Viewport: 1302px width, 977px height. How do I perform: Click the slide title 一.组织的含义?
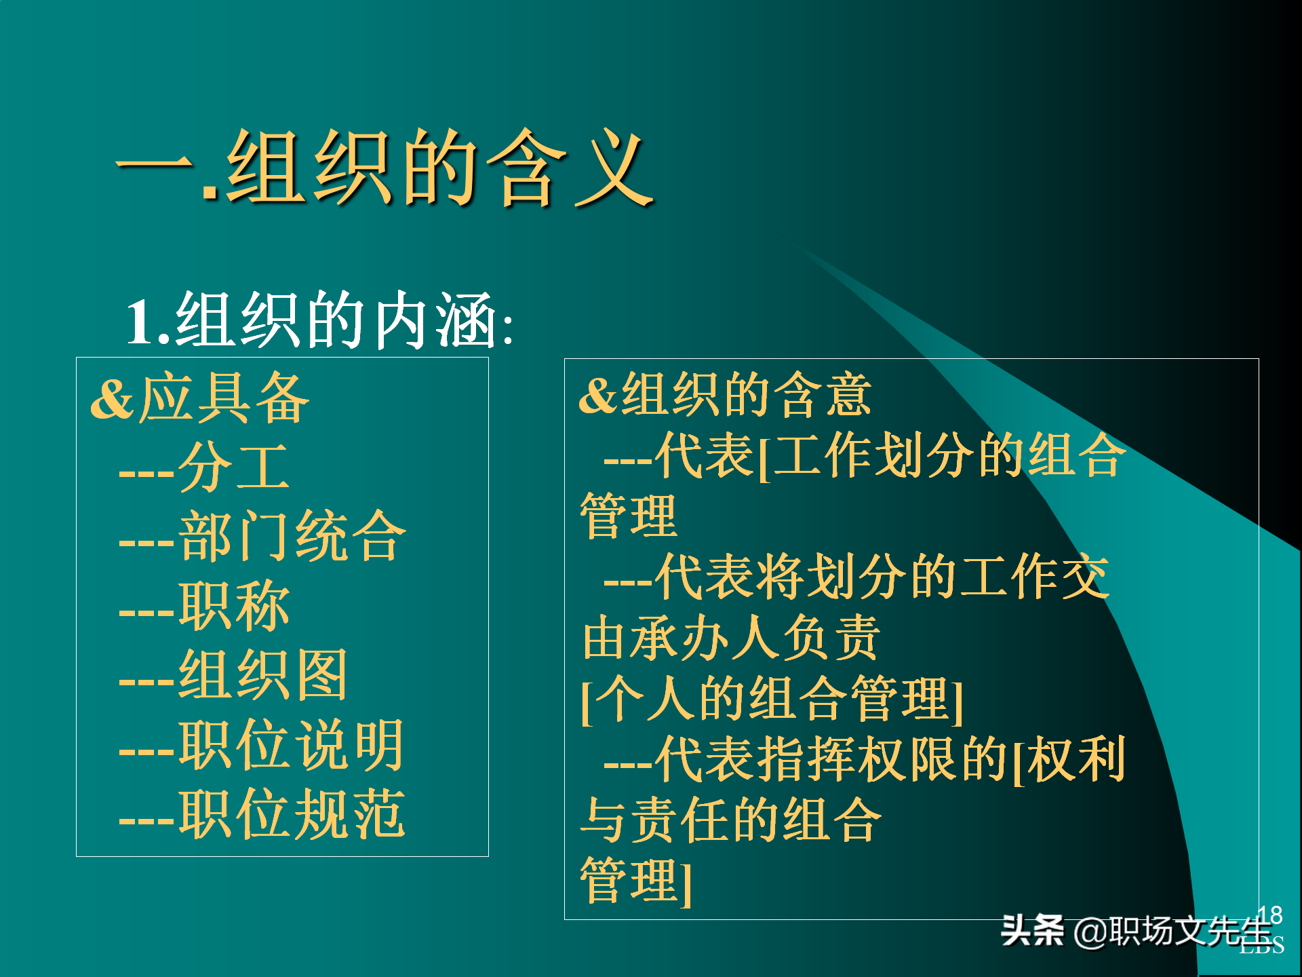(385, 168)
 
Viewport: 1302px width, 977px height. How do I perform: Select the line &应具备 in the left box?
(201, 399)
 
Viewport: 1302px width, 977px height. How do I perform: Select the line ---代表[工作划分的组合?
(865, 455)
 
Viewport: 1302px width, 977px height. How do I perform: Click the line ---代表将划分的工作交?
(856, 577)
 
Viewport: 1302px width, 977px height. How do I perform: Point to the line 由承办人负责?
(731, 638)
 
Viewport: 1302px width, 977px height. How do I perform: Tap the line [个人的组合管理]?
(772, 699)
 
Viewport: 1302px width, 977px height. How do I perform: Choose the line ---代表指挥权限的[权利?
(865, 759)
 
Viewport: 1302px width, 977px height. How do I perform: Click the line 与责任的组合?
(731, 820)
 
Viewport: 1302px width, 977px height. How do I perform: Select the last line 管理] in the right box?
(636, 881)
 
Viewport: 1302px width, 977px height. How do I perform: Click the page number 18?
(1269, 915)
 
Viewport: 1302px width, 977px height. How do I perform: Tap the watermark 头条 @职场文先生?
(1136, 931)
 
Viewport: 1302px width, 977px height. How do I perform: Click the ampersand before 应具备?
(113, 400)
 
